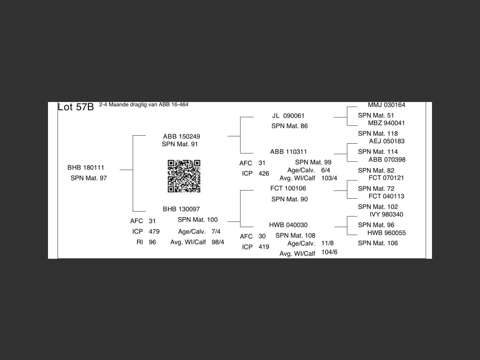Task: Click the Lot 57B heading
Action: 75,107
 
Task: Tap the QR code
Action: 184,176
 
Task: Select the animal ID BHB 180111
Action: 86,168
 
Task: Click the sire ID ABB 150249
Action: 181,136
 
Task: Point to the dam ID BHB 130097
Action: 181,209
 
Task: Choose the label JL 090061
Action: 288,116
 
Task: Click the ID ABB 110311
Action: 288,152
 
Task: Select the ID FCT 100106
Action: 288,188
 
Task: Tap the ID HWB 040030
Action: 288,225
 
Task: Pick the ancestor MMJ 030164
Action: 386,105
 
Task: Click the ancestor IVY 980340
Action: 386,214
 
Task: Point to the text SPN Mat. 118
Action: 378,133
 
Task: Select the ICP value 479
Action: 154,232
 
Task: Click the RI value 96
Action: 152,242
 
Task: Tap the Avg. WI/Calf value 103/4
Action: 329,178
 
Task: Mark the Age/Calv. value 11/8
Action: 327,243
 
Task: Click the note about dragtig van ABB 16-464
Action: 144,105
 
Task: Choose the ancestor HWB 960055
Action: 386,233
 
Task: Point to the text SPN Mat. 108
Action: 295,235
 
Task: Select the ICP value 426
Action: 264,174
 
